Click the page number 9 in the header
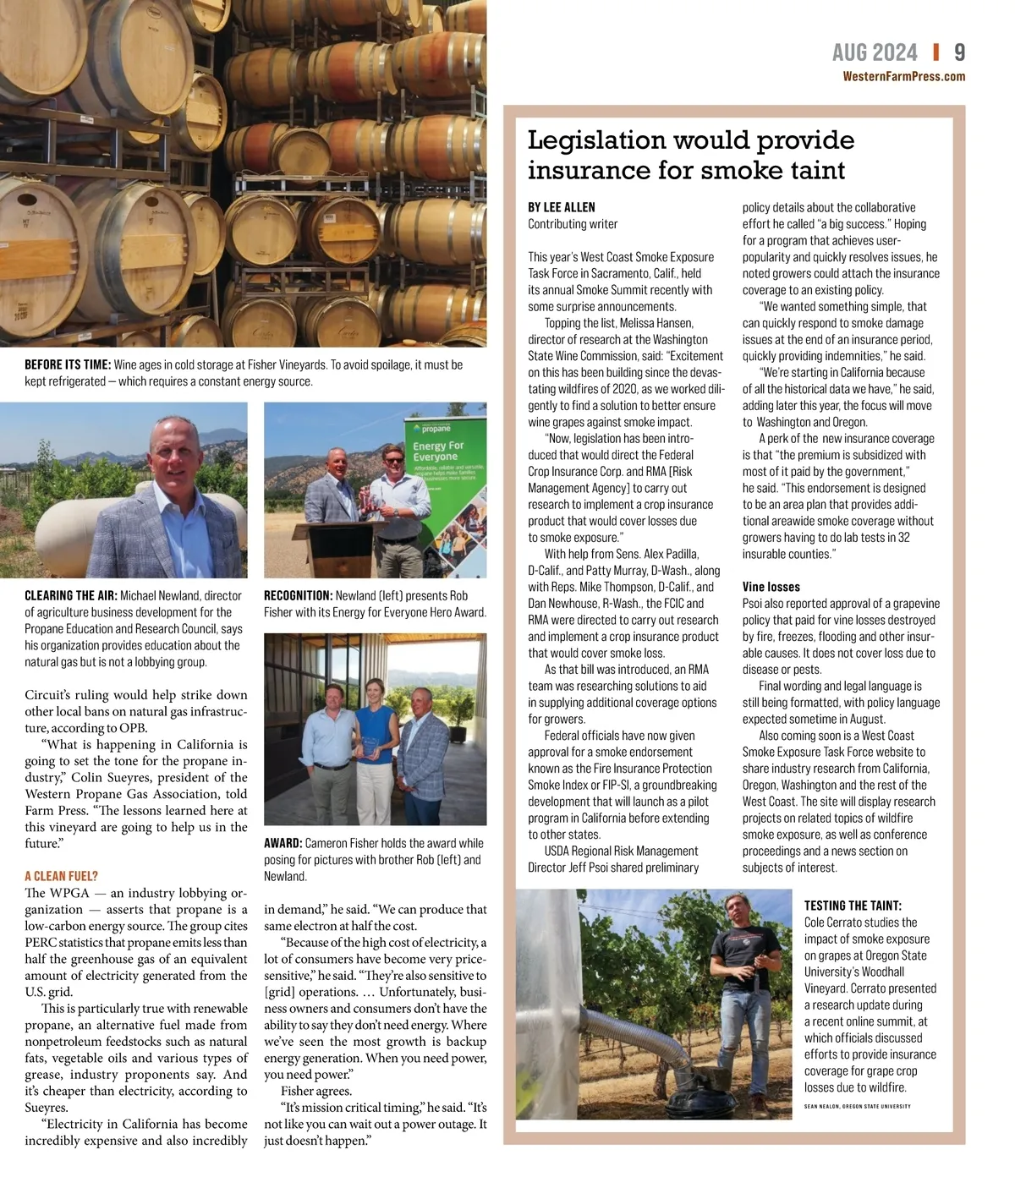point(959,52)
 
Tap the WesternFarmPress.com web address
point(903,76)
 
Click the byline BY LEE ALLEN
point(561,207)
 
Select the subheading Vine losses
point(771,587)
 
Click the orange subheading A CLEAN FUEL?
point(61,876)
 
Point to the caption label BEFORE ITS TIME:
point(68,364)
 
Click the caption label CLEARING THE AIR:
point(71,595)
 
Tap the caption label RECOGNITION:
point(298,595)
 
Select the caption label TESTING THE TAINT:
point(853,906)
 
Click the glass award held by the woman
point(370,745)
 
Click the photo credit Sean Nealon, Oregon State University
point(857,1106)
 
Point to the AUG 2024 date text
point(874,52)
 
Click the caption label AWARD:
point(283,843)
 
